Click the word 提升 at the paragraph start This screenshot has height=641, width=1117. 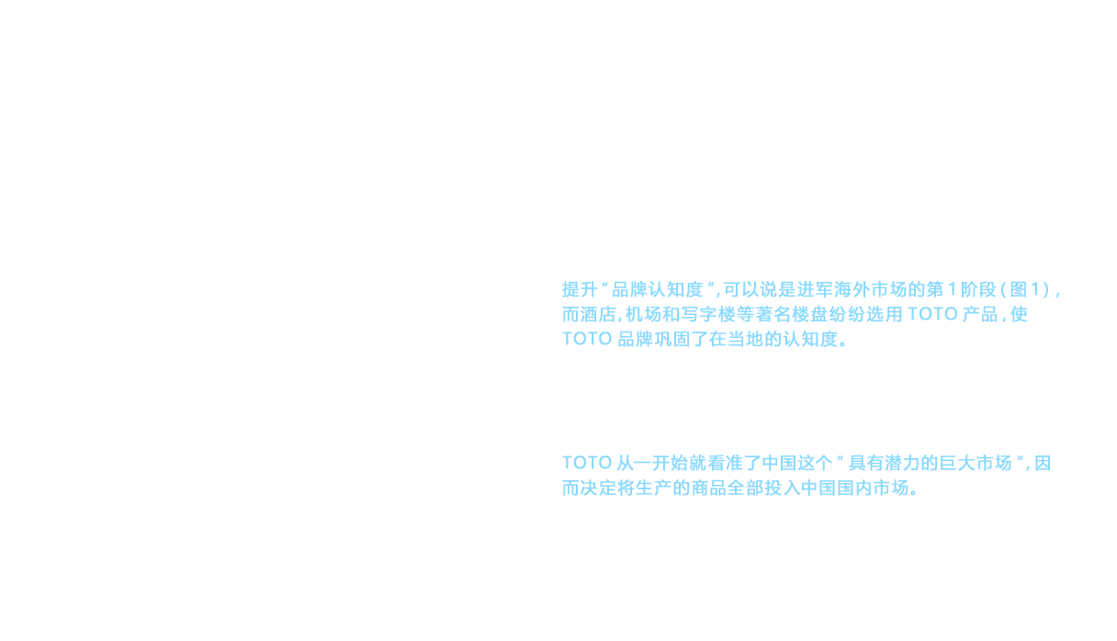[x=580, y=289]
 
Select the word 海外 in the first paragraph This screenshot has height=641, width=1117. [x=852, y=289]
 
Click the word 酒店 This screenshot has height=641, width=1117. [x=598, y=314]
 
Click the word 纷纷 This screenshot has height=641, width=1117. [x=847, y=314]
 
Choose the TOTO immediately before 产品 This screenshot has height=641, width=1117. [x=932, y=314]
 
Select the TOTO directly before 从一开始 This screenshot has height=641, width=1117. [x=587, y=463]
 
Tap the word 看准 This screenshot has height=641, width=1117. [x=726, y=463]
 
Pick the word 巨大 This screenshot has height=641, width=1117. [x=957, y=463]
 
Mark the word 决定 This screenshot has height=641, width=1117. [x=598, y=488]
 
